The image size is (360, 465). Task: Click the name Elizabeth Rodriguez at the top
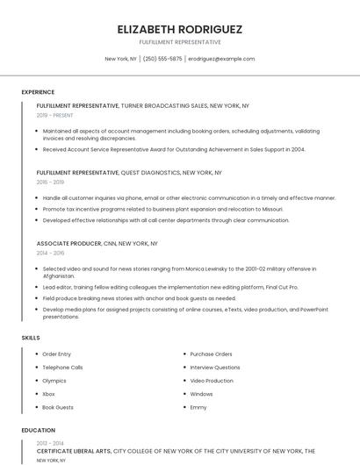tap(180, 29)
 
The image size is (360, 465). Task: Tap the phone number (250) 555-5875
tap(162, 59)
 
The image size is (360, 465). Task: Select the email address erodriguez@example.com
tap(221, 59)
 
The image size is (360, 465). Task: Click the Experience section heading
tap(38, 92)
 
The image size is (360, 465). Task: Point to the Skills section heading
tap(31, 338)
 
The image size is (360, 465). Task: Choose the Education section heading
tap(38, 431)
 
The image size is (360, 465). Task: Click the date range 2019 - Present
tap(55, 115)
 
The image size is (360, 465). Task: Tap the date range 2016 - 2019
tap(50, 182)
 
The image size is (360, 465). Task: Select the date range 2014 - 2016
tap(50, 253)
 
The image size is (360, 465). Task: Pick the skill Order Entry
tap(57, 354)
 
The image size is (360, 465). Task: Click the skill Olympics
tap(54, 381)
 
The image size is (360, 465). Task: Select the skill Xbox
tap(48, 394)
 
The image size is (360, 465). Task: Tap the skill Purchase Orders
tap(212, 354)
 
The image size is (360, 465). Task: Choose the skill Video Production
tap(212, 381)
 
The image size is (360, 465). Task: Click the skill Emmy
tap(198, 407)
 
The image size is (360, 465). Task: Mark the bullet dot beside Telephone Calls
tap(36, 368)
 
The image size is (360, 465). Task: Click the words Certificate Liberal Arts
tap(74, 450)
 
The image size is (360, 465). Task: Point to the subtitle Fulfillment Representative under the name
tap(180, 42)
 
